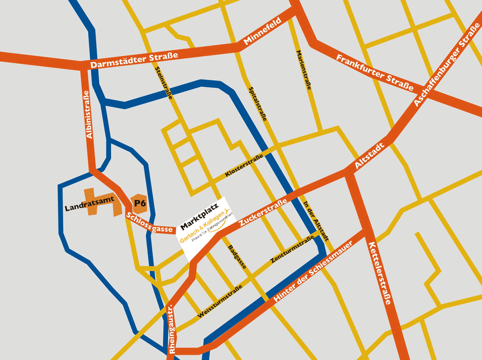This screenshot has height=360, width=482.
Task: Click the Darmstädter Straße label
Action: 134,59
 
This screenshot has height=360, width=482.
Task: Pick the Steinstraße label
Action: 164,83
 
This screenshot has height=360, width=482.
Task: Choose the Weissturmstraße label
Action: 220,302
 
